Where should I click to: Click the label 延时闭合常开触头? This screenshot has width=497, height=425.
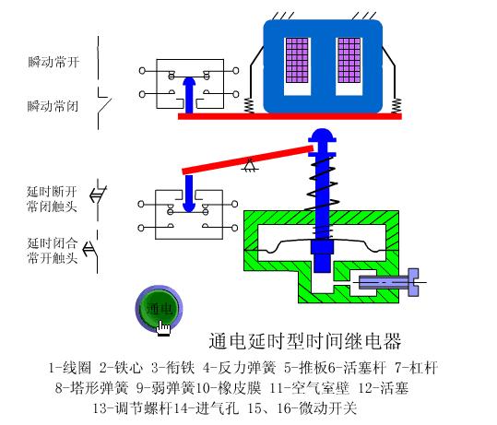point(52,250)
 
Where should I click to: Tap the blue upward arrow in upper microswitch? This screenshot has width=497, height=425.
point(189,92)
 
